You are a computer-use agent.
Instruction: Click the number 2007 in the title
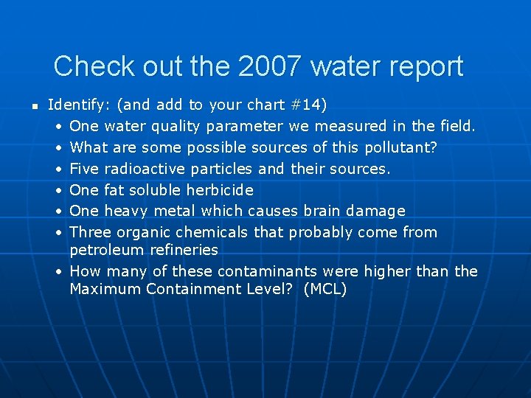[270, 66]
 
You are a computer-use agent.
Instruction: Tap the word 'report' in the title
[423, 66]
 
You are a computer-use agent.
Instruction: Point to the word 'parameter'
[246, 126]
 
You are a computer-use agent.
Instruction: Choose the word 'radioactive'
[145, 169]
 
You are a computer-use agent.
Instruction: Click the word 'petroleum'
[105, 250]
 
